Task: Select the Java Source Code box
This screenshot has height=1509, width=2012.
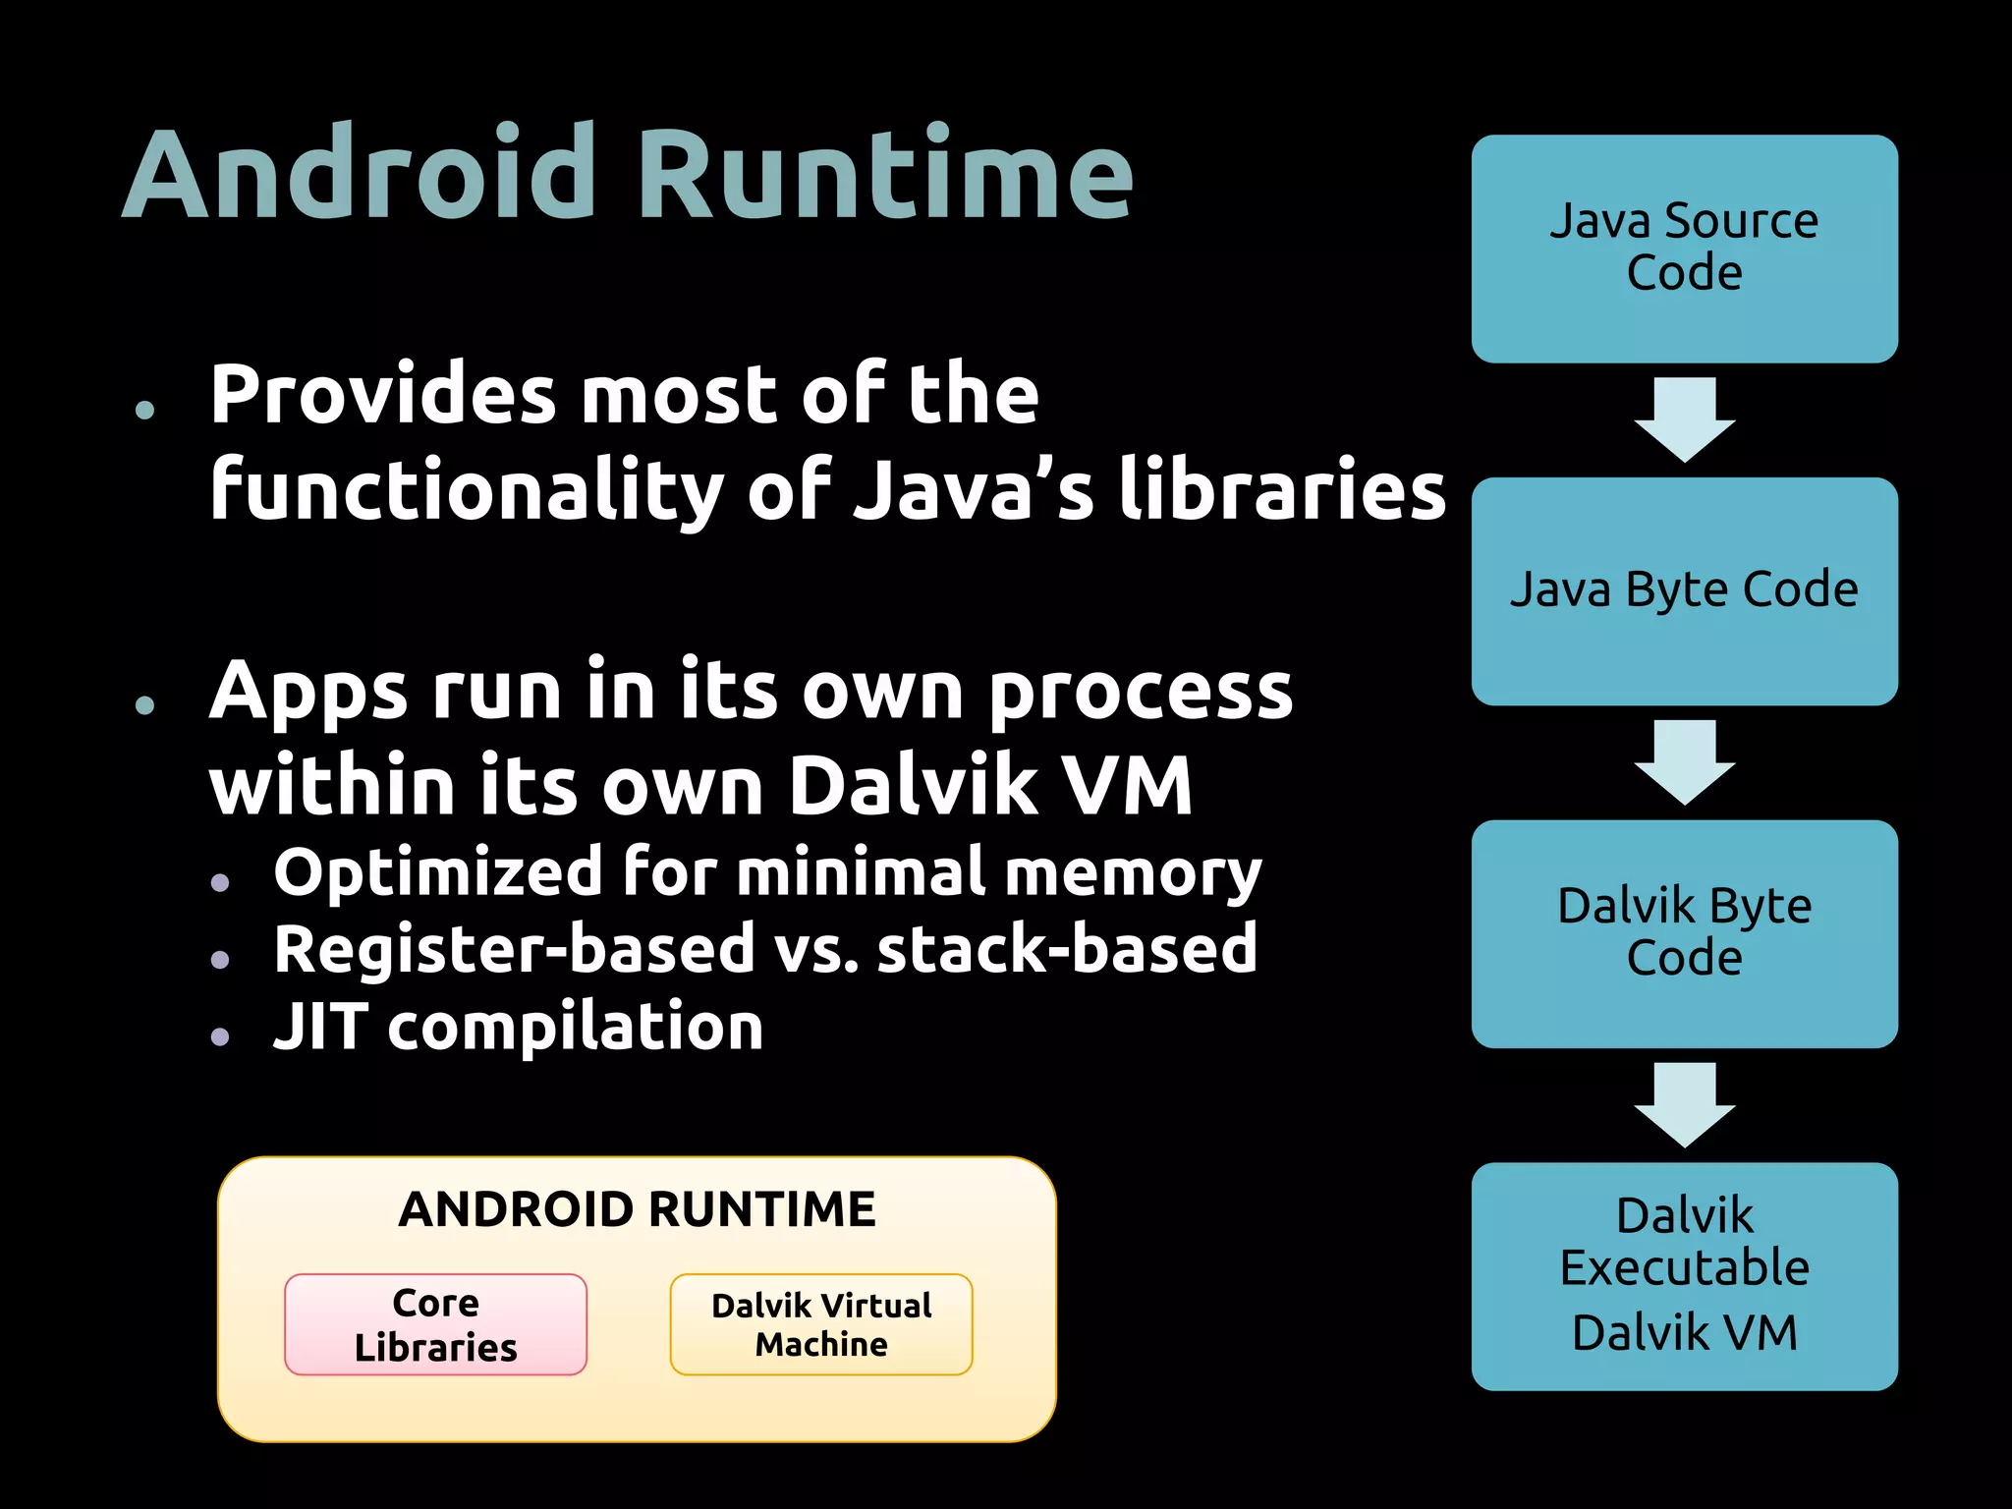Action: pyautogui.click(x=1684, y=249)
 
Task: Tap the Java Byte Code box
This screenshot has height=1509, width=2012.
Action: pyautogui.click(x=1684, y=590)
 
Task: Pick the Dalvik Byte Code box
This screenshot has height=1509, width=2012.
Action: pyautogui.click(x=1684, y=933)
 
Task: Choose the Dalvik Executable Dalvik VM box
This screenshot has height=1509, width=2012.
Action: pyautogui.click(x=1684, y=1275)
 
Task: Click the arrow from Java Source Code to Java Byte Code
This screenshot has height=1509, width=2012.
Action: pyautogui.click(x=1684, y=419)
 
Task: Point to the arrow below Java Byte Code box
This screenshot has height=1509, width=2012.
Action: pyautogui.click(x=1684, y=762)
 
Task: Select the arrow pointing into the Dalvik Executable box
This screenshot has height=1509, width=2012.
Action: pyautogui.click(x=1684, y=1104)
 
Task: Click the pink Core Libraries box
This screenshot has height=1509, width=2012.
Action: pyautogui.click(x=435, y=1324)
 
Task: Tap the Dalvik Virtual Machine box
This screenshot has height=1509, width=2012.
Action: pyautogui.click(x=821, y=1324)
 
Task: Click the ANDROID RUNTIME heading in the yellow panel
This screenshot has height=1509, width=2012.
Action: pyautogui.click(x=637, y=1209)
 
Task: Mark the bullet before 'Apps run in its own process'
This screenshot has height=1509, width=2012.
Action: pyautogui.click(x=145, y=704)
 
